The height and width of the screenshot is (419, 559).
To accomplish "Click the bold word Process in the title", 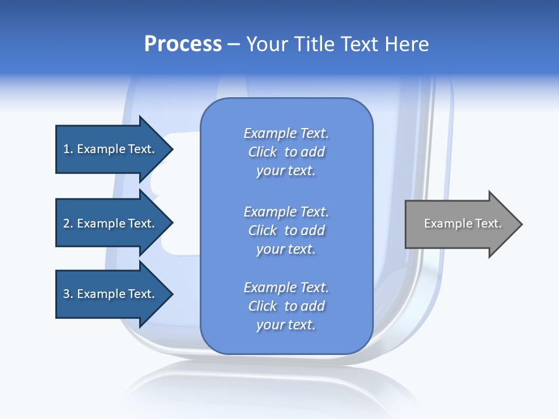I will coord(183,44).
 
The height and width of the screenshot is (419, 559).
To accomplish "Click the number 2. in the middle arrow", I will coord(68,223).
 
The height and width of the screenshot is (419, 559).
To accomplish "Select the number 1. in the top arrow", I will coord(68,149).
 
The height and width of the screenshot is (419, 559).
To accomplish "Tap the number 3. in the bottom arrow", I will coord(68,294).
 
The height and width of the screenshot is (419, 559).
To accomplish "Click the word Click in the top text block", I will coord(263,152).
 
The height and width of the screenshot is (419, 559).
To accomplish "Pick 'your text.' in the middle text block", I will coord(286,249).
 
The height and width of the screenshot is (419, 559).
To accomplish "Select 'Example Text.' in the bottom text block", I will coord(286,287).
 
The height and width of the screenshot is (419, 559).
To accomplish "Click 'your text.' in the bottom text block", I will coord(286,325).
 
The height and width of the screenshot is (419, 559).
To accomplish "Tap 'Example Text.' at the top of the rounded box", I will coord(286,133).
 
